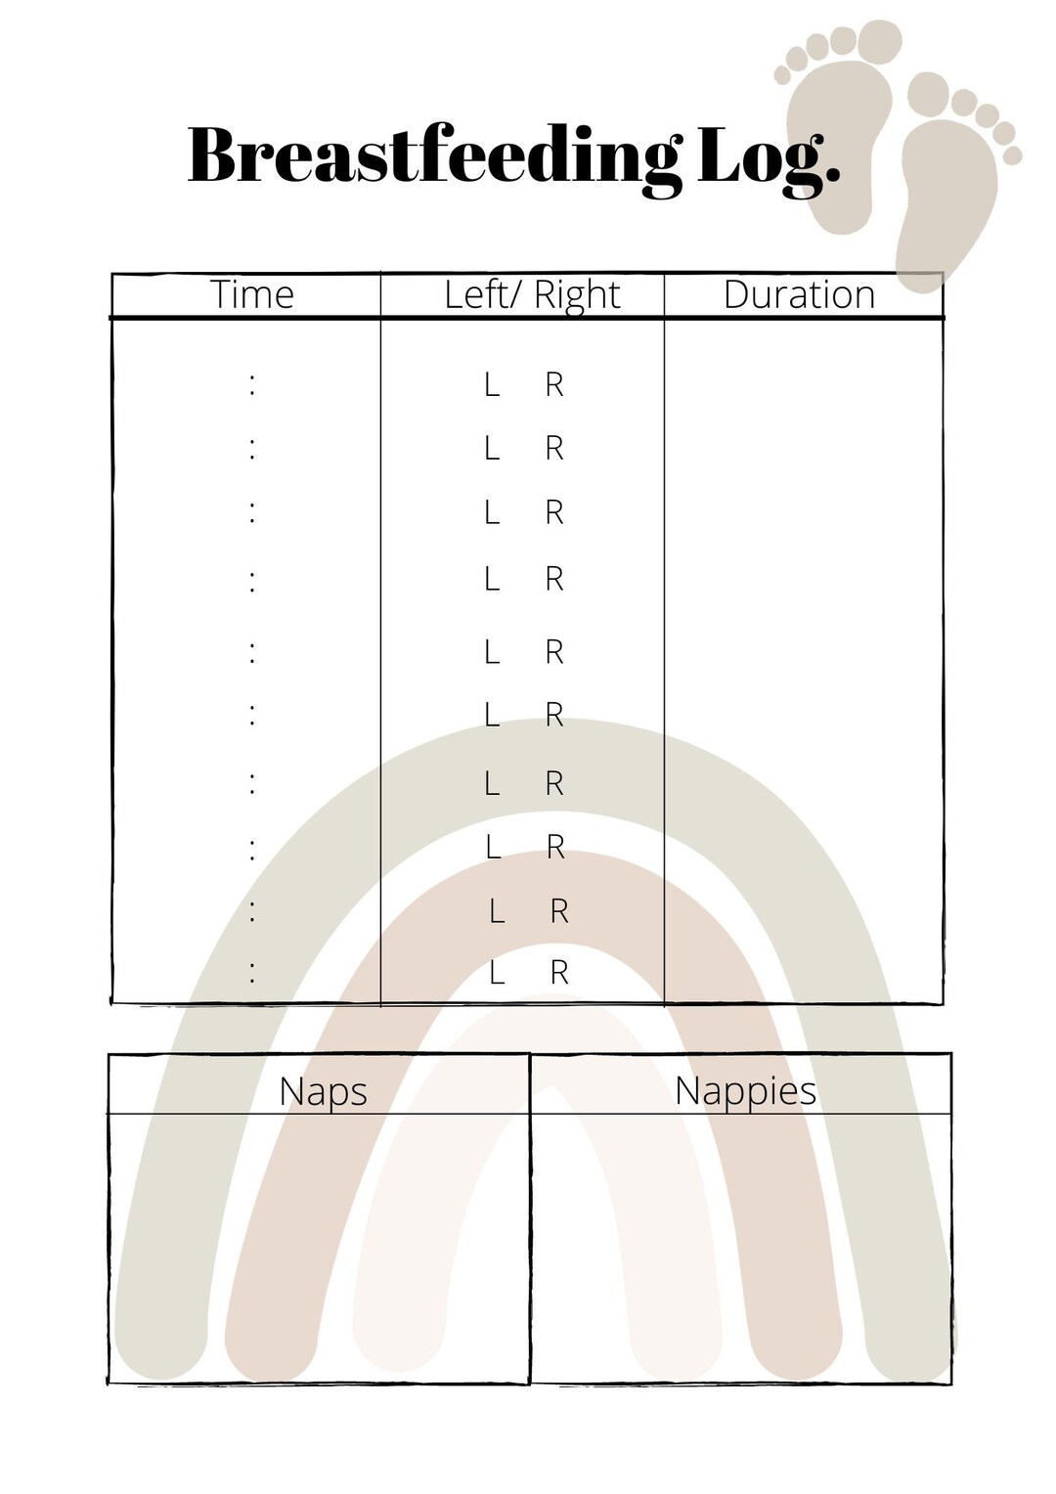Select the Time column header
252,294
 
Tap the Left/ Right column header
532,295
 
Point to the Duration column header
799,294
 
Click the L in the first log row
492,385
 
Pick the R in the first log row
554,385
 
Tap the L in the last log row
497,973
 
